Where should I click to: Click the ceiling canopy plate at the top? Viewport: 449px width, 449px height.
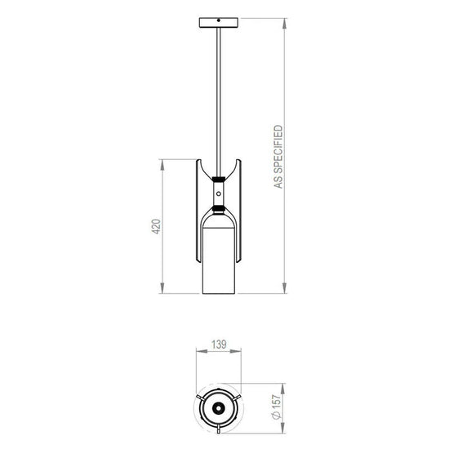(x=219, y=23)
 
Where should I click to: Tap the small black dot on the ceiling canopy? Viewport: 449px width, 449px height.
(x=219, y=20)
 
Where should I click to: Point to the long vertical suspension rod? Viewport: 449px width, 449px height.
(x=219, y=102)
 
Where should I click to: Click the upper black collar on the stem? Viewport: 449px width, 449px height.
(x=219, y=180)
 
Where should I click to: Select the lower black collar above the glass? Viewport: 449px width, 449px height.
(x=219, y=209)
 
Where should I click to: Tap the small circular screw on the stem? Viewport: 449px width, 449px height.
(x=219, y=193)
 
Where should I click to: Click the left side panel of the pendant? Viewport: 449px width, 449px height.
(x=198, y=211)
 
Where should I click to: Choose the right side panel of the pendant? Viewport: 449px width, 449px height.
(x=238, y=211)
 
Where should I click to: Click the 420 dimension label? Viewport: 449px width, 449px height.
(x=156, y=226)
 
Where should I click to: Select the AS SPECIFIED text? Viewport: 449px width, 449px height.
(x=278, y=157)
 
